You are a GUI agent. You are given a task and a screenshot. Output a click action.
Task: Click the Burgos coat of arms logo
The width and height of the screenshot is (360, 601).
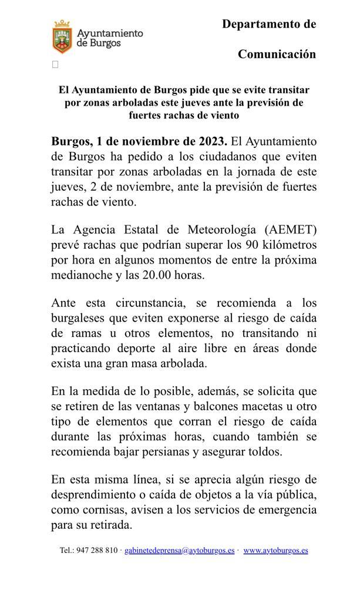62,36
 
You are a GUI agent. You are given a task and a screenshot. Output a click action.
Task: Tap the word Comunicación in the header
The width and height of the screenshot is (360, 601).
277,54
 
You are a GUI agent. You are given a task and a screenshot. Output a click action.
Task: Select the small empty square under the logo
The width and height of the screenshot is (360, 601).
55,65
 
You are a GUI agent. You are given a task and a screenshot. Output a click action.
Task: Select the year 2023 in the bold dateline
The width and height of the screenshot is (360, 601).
210,141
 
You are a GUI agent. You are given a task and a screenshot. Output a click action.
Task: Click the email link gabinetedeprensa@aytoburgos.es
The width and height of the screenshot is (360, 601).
179,551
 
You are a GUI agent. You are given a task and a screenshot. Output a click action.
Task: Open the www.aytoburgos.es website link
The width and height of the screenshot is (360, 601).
275,551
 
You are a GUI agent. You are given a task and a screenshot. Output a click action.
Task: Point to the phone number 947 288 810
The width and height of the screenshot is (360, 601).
96,551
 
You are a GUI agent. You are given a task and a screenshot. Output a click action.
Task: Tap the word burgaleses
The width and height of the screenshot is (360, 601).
80,318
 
